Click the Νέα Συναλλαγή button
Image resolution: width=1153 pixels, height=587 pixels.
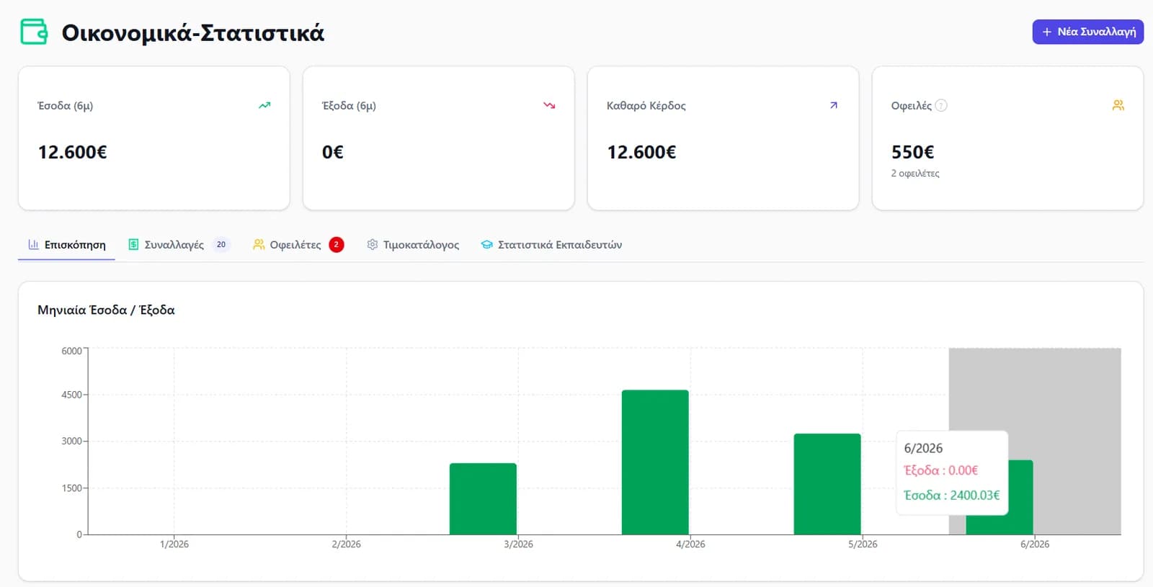click(x=1087, y=32)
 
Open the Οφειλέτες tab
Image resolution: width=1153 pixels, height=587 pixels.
click(x=298, y=244)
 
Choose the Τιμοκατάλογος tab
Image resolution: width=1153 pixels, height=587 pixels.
click(x=413, y=244)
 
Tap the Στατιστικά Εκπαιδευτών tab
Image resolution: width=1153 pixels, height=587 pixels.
click(x=551, y=244)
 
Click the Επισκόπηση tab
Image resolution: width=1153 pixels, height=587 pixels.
click(x=67, y=244)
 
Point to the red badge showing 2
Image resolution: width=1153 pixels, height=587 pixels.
click(x=336, y=244)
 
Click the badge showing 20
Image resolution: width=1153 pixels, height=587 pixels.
click(x=221, y=244)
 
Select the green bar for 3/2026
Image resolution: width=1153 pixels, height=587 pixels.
click(x=483, y=498)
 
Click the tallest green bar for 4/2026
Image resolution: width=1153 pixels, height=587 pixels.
click(x=655, y=462)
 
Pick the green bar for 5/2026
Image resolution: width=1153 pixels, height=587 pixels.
click(x=827, y=484)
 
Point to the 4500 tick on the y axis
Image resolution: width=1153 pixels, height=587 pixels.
click(x=71, y=395)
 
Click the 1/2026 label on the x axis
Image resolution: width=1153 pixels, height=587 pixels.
click(x=174, y=545)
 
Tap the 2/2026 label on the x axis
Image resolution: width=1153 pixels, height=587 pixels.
click(x=346, y=545)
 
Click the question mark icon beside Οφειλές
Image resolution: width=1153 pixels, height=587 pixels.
click(x=940, y=105)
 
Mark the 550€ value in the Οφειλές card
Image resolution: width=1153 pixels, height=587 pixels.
click(x=912, y=152)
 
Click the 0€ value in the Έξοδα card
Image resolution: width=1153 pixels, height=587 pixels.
click(x=332, y=152)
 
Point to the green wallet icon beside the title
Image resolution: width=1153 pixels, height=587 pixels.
click(x=34, y=32)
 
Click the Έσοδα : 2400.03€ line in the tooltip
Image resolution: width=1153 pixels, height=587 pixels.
click(x=951, y=496)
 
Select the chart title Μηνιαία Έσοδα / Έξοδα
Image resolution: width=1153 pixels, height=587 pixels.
click(x=106, y=310)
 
